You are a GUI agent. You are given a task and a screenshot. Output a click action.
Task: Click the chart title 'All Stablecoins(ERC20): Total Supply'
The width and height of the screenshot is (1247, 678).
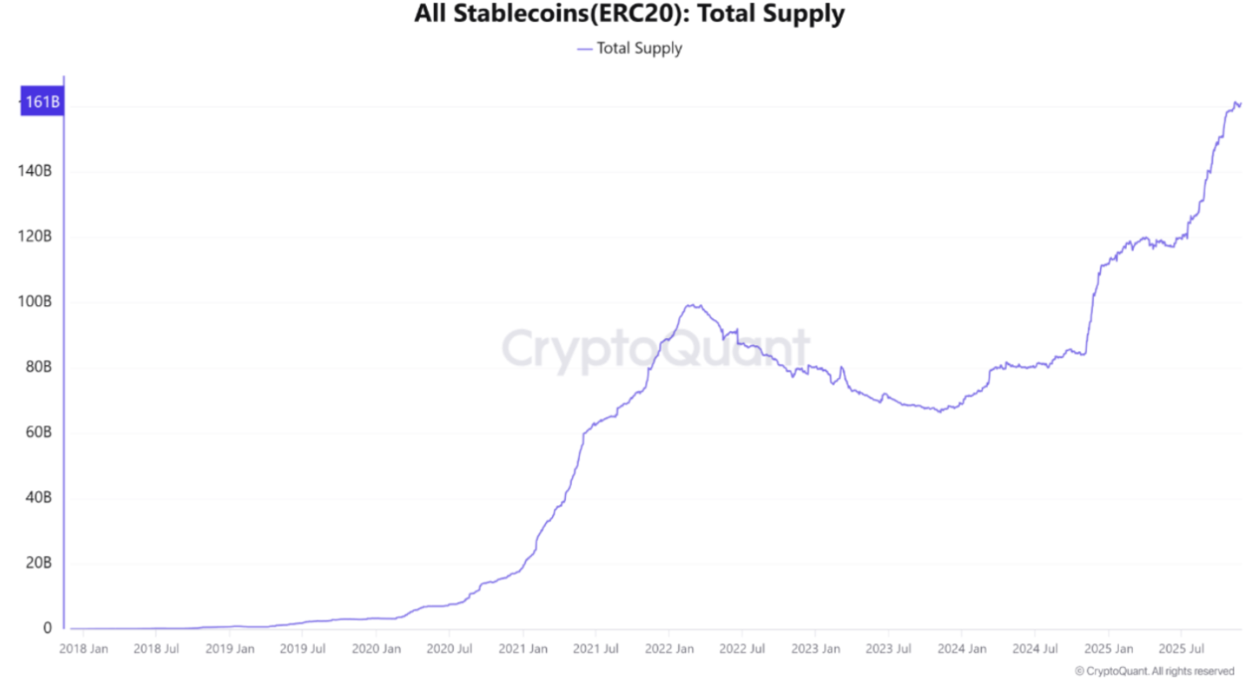pyautogui.click(x=629, y=15)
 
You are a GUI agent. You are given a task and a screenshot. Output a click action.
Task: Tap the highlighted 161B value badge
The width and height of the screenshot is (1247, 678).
pyautogui.click(x=42, y=103)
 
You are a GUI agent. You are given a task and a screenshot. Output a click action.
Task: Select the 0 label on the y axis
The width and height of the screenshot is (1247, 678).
pyautogui.click(x=48, y=628)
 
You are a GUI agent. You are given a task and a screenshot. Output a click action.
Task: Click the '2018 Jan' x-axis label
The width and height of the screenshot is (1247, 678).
pyautogui.click(x=83, y=648)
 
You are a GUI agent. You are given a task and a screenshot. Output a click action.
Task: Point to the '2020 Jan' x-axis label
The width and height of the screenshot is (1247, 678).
pyautogui.click(x=376, y=648)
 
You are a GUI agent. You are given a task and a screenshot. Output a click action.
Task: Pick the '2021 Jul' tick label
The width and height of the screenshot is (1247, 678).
pyautogui.click(x=596, y=648)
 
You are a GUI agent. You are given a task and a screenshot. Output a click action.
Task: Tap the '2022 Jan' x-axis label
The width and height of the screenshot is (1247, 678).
pyautogui.click(x=669, y=648)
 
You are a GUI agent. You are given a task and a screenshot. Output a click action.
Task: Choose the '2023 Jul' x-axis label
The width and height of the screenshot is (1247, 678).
pyautogui.click(x=889, y=648)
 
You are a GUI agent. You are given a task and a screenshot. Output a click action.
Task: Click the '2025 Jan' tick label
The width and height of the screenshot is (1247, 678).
pyautogui.click(x=1108, y=648)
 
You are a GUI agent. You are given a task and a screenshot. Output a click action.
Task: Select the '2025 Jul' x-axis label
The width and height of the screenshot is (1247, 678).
pyautogui.click(x=1181, y=648)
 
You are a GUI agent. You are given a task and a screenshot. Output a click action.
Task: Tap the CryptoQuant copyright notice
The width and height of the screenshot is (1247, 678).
pyautogui.click(x=1154, y=670)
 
